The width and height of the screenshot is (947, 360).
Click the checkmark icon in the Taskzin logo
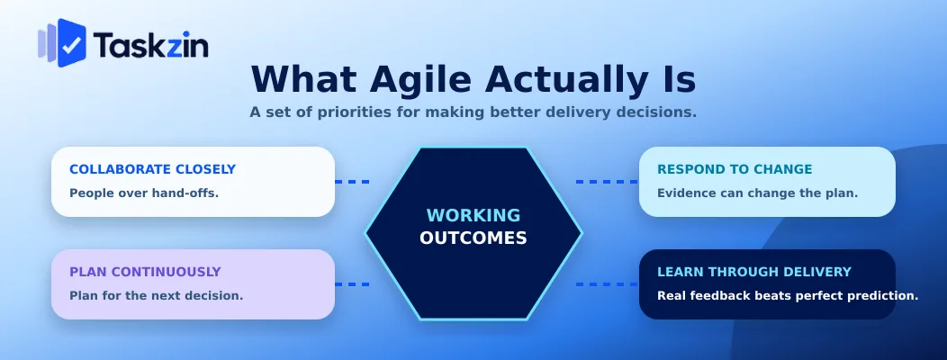coord(71,44)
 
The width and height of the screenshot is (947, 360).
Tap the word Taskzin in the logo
coord(151,45)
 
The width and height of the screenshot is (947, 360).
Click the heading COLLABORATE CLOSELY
coord(153,169)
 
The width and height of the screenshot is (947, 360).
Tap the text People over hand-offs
coord(144,193)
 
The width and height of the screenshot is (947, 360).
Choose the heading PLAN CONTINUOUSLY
coord(145,272)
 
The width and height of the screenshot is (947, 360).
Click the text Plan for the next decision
coord(157,296)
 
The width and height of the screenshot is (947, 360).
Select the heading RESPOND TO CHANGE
coord(735,169)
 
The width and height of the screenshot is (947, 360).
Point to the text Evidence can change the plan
coord(758,193)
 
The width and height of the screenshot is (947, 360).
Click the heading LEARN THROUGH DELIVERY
coord(754,272)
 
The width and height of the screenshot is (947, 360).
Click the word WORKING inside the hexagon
coord(473,216)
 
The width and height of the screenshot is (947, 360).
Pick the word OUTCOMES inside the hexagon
coord(473,238)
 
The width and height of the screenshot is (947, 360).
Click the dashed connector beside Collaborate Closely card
coord(352,181)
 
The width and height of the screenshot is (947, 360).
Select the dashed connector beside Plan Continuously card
coord(352,283)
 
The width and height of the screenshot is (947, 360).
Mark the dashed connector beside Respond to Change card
coord(607,181)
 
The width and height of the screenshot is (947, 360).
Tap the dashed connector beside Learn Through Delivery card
coord(607,283)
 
